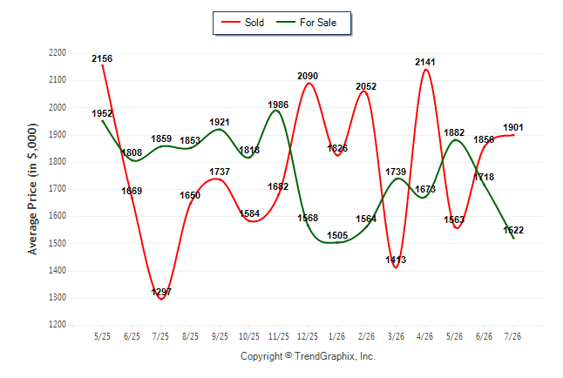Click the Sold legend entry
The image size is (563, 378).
click(243, 23)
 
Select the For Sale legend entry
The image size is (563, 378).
click(306, 23)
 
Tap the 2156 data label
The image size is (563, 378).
click(102, 58)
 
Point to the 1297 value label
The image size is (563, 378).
click(161, 292)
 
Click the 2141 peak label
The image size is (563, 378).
click(425, 62)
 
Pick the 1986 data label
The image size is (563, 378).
click(278, 105)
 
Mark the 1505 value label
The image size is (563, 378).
click(337, 235)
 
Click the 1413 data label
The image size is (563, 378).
click(396, 260)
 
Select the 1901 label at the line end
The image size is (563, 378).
click(513, 127)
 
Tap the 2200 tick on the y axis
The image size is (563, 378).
click(58, 53)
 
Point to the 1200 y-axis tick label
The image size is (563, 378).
click(58, 325)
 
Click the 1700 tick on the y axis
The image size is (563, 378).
click(58, 188)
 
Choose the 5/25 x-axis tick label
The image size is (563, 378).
click(102, 336)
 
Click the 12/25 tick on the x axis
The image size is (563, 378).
click(308, 336)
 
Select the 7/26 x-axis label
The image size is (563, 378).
click(512, 336)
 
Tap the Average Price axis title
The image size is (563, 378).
click(32, 189)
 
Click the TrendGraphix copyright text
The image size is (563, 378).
click(308, 356)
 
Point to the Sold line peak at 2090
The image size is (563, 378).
click(309, 84)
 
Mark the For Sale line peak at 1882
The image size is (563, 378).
click(455, 139)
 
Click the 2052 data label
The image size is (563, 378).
click(366, 86)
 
